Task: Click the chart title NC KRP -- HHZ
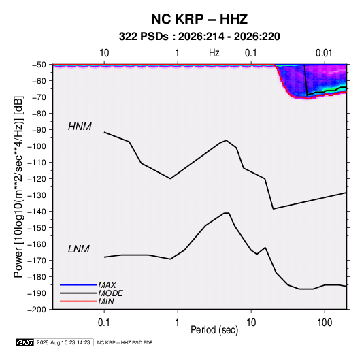(x=199, y=19)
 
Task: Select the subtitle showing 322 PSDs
(x=199, y=37)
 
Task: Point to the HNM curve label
(x=80, y=127)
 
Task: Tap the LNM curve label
(x=79, y=249)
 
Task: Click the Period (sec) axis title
(x=214, y=330)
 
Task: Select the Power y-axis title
(x=18, y=187)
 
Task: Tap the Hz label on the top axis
(x=214, y=53)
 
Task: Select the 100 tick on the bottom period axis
(x=325, y=323)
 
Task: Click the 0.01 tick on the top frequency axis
(x=324, y=53)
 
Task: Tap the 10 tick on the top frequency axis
(x=104, y=53)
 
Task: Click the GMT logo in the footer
(x=24, y=342)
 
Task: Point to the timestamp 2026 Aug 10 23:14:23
(x=63, y=342)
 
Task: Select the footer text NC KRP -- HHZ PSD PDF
(x=125, y=342)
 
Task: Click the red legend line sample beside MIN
(x=78, y=301)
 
